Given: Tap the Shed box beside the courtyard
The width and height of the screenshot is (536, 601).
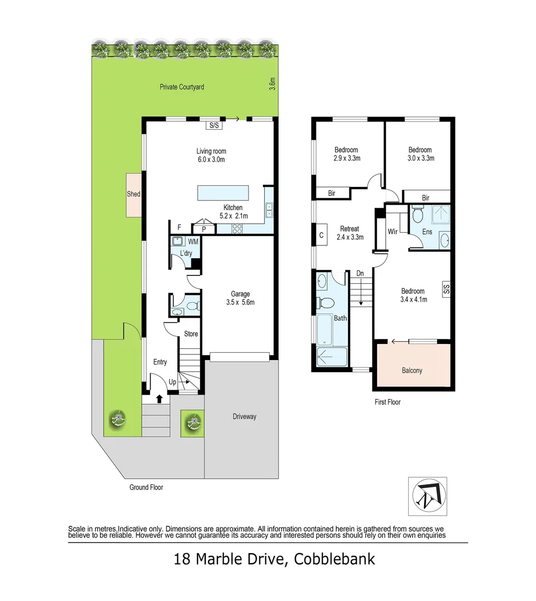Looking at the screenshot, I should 133,194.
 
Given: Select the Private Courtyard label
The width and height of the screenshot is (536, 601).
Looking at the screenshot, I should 182,87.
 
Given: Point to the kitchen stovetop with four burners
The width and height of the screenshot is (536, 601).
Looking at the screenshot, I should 238,227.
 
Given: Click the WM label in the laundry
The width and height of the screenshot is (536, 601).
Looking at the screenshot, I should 193,242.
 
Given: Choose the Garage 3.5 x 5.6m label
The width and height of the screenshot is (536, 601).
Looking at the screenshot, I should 241,298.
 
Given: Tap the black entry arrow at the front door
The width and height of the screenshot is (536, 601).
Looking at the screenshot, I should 160,398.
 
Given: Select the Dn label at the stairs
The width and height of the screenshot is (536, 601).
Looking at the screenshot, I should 360,273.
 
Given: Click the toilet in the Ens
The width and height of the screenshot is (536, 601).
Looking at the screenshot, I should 419,214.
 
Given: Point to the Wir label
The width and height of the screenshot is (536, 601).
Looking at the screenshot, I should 391,231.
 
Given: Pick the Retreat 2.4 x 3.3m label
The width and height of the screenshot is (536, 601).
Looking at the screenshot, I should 350,233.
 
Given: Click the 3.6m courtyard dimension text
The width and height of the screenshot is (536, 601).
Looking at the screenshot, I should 272,83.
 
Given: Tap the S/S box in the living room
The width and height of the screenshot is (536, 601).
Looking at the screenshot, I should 213,125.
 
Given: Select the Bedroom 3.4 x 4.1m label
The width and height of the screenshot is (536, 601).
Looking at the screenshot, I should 413,295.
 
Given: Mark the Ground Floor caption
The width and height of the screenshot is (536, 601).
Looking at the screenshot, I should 146,487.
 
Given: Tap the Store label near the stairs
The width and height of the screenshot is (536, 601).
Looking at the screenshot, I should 191,334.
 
